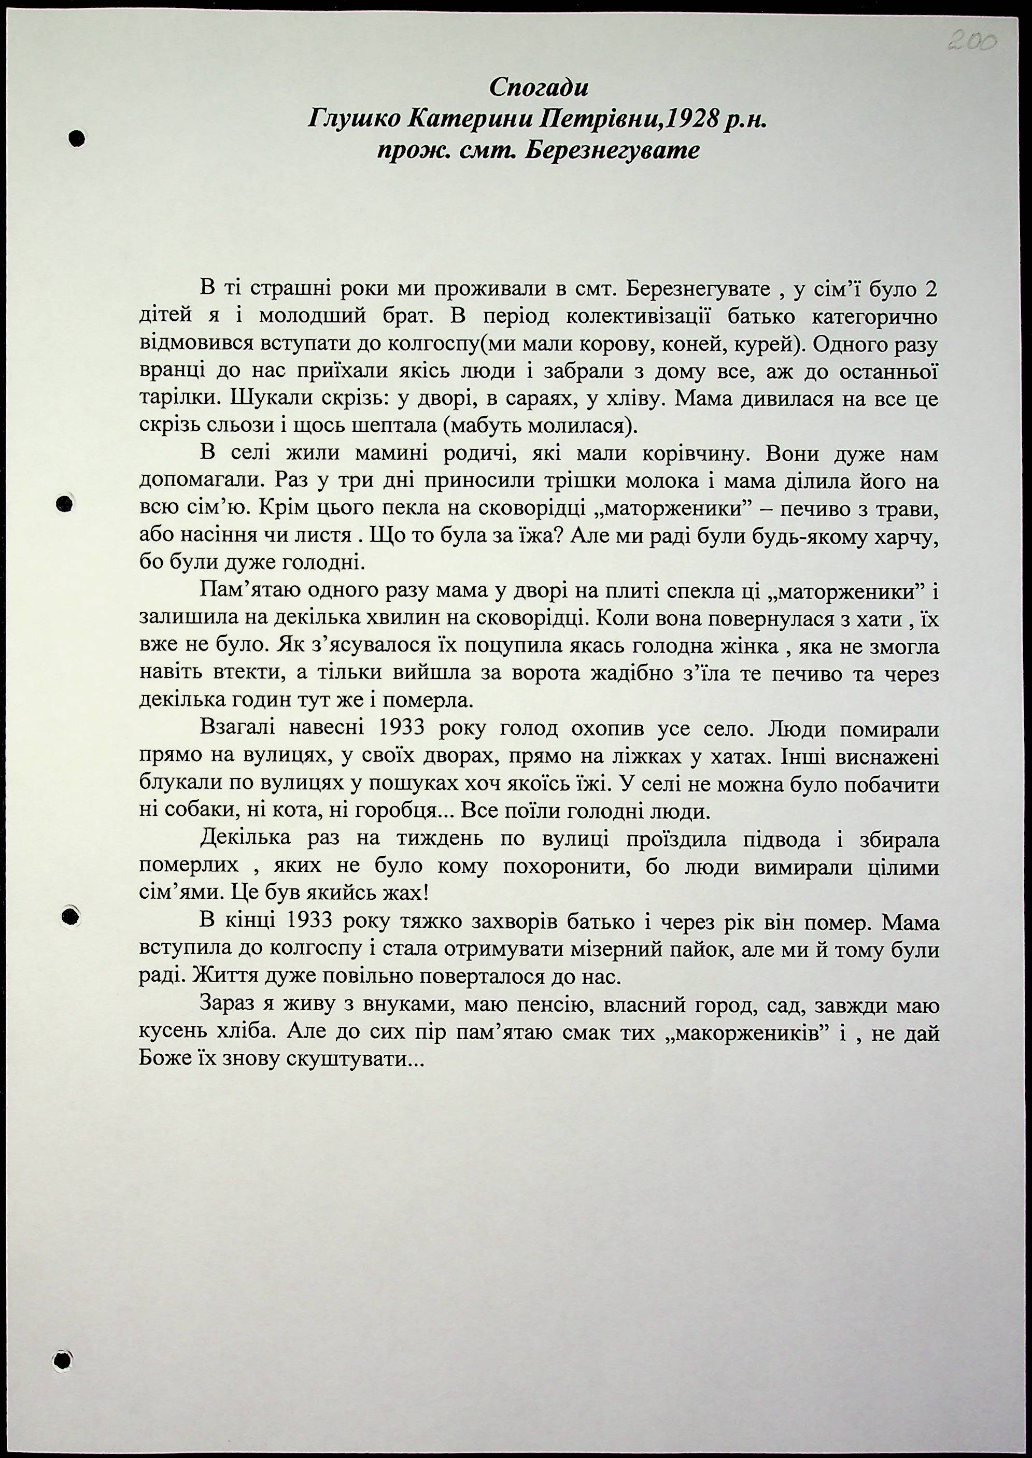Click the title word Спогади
(x=539, y=88)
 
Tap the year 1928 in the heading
(x=691, y=118)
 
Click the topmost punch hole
(x=77, y=138)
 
